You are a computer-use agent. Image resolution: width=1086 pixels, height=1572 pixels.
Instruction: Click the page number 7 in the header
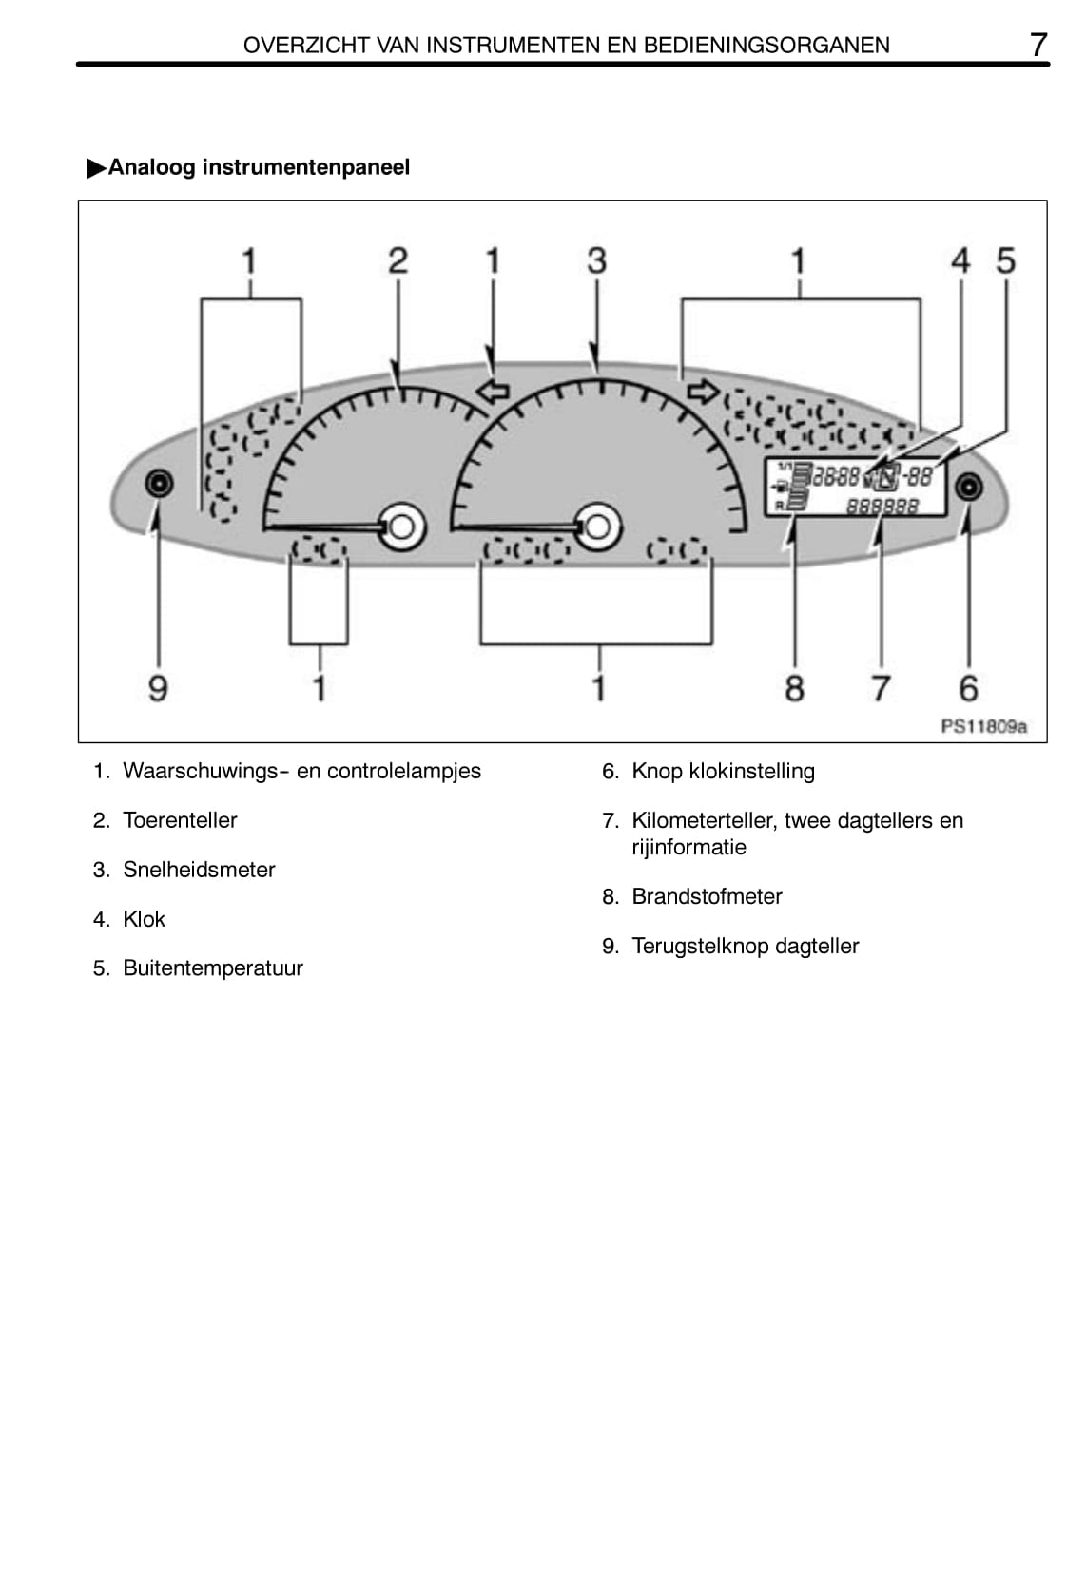(x=1038, y=44)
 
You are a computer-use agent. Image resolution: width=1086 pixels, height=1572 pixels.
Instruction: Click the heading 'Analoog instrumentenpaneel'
(x=259, y=167)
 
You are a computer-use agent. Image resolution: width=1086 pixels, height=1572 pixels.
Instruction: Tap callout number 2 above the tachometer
(x=398, y=260)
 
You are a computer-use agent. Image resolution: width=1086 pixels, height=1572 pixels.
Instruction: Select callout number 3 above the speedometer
(x=596, y=260)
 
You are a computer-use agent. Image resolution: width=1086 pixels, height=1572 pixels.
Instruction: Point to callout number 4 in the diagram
(x=960, y=260)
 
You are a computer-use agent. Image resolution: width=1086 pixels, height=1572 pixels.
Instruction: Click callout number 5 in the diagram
(x=1005, y=260)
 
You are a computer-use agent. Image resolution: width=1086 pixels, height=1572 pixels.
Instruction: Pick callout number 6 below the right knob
(x=968, y=687)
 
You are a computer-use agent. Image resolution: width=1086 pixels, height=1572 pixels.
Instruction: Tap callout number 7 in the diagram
(x=882, y=687)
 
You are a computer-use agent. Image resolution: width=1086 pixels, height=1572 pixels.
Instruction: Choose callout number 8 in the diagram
(x=794, y=687)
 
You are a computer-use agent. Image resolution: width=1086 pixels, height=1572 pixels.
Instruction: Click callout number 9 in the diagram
(x=158, y=687)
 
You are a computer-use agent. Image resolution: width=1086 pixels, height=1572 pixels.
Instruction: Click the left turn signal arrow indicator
(x=493, y=391)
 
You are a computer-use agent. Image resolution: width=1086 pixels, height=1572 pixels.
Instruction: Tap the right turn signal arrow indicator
(x=702, y=390)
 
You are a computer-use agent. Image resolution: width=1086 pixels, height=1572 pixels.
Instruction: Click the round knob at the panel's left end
(x=159, y=484)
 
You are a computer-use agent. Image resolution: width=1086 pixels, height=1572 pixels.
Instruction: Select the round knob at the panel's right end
(x=968, y=488)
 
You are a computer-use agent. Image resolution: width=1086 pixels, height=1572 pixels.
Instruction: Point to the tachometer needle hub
(x=401, y=526)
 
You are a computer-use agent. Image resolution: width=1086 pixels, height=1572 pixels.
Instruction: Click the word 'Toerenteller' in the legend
(x=180, y=820)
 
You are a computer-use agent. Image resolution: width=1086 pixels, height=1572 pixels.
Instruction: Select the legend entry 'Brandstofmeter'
(x=707, y=896)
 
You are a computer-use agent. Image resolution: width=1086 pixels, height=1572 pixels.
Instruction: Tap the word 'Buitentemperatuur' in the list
(x=213, y=968)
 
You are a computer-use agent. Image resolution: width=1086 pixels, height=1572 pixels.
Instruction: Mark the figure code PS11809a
(x=983, y=726)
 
